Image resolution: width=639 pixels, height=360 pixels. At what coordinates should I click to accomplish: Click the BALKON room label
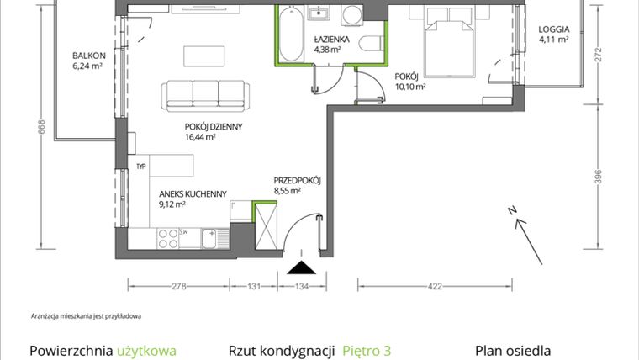point(88,55)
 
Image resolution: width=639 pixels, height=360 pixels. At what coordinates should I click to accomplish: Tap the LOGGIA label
point(554,29)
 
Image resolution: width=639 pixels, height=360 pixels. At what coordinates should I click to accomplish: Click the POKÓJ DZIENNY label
point(214,127)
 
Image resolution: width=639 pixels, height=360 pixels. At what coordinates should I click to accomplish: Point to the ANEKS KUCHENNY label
point(193,193)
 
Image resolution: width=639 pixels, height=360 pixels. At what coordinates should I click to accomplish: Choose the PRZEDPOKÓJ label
point(298,181)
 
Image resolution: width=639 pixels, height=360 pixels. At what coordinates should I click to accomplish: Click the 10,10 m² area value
point(410,86)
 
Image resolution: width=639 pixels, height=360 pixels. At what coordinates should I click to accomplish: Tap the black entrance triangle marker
point(300,268)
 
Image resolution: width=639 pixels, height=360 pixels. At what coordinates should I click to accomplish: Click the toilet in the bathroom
point(370,45)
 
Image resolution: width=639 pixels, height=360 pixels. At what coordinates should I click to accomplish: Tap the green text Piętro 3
point(367,351)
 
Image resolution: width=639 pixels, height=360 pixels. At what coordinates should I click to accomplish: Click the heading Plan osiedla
point(515,351)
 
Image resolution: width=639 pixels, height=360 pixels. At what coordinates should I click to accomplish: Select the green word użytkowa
point(147,351)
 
